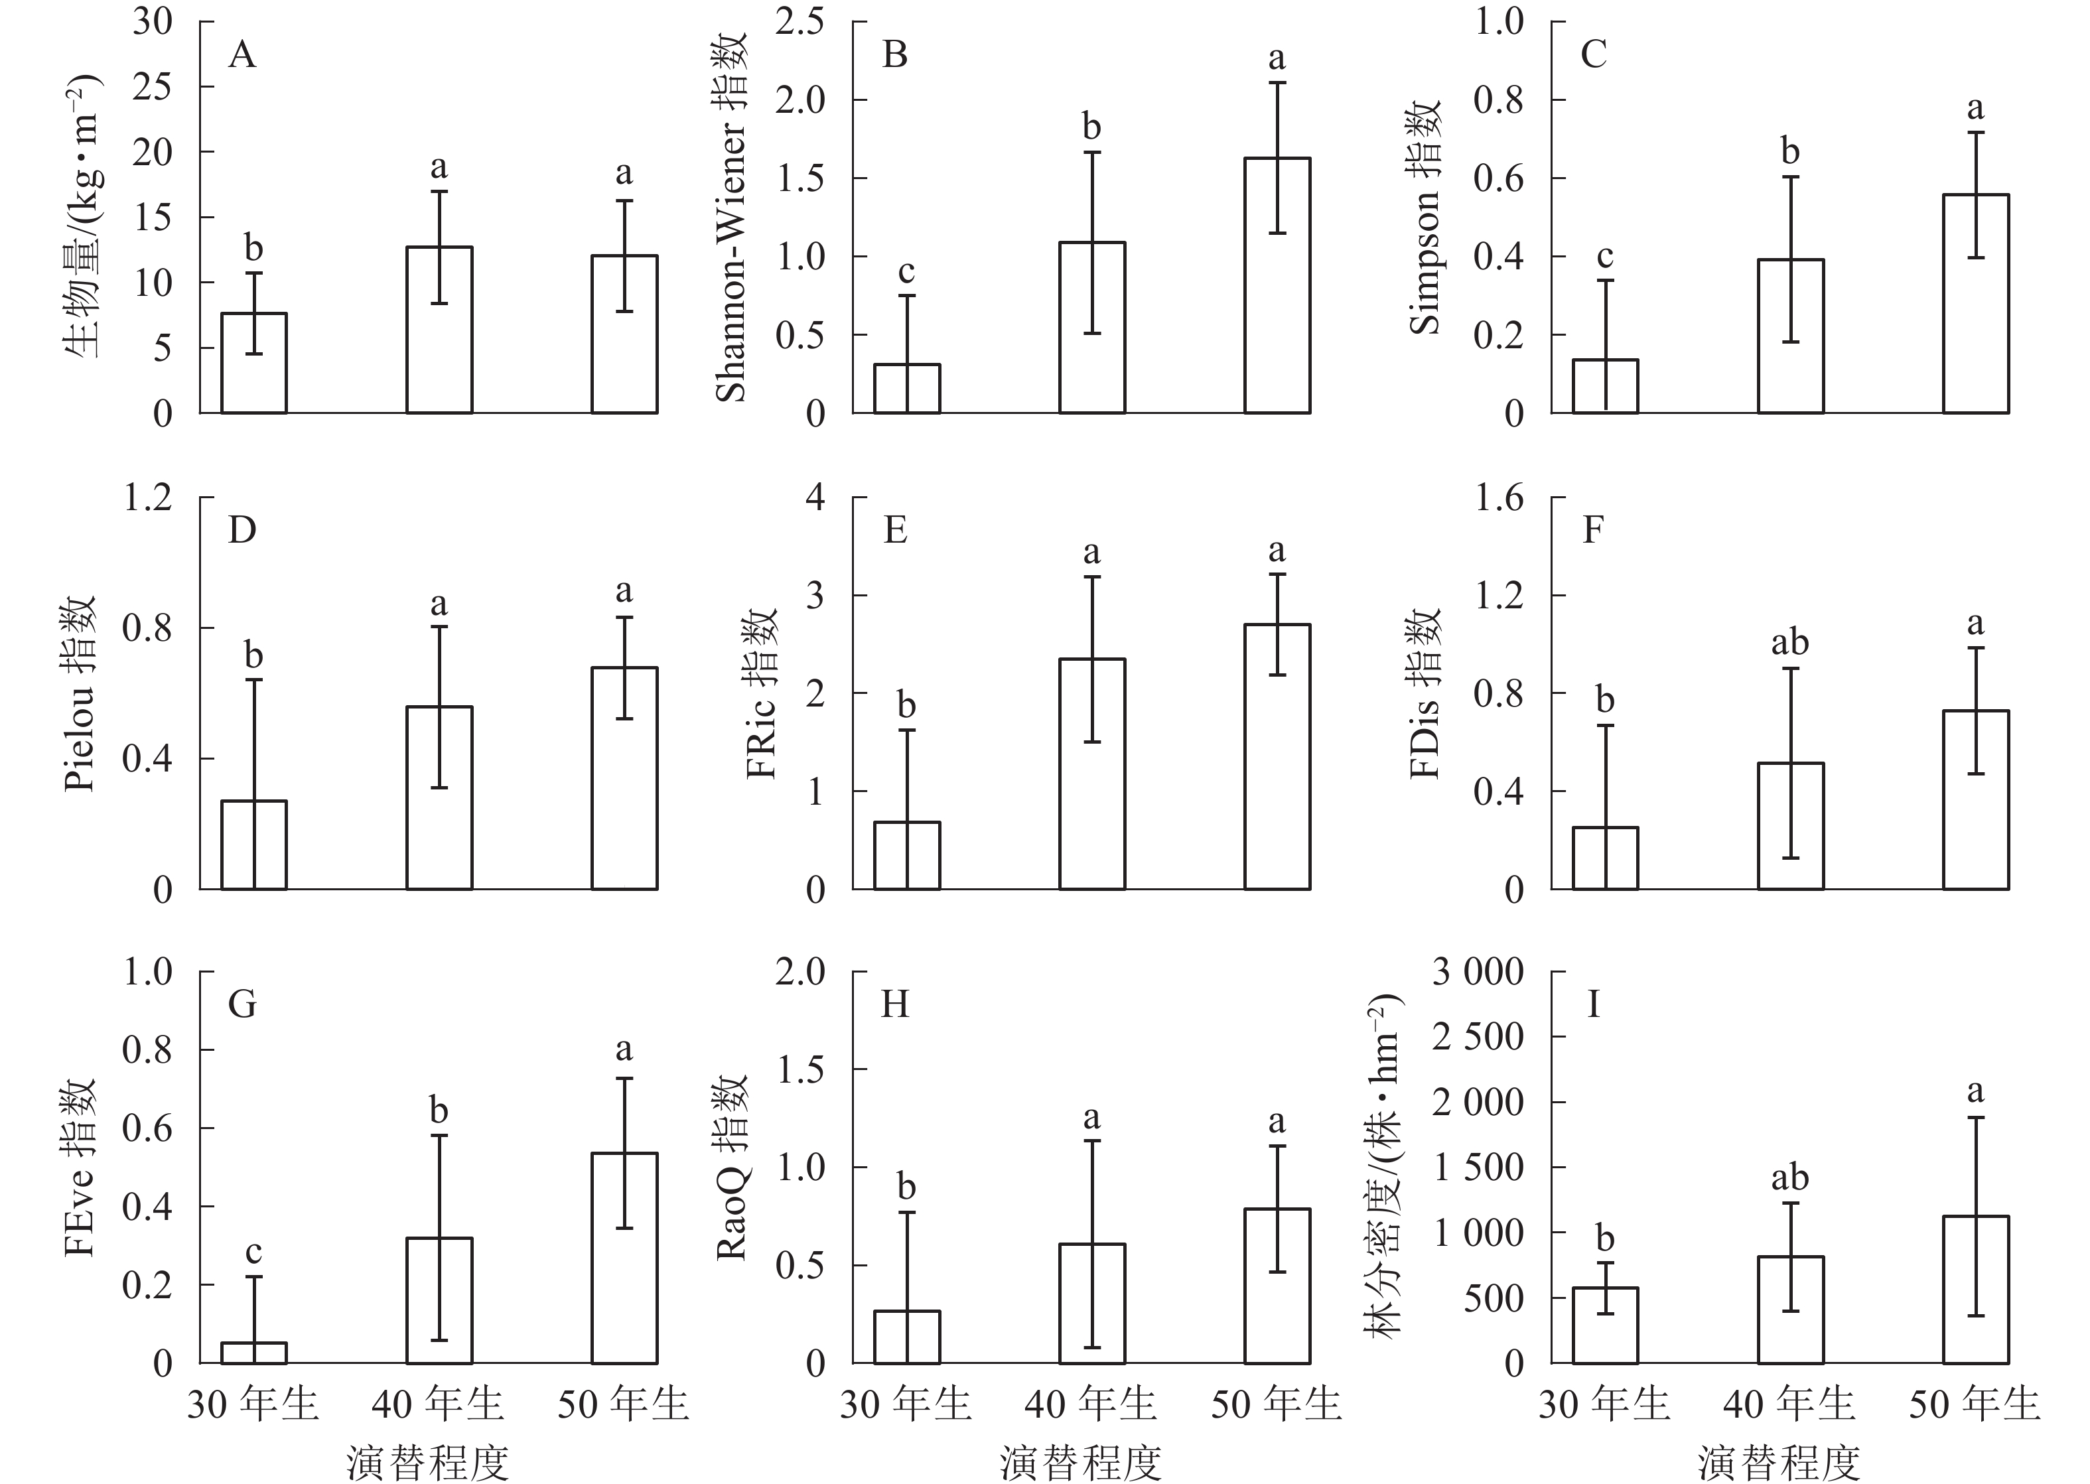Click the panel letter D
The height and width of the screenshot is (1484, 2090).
tap(242, 530)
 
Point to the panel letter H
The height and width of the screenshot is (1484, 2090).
tap(894, 1005)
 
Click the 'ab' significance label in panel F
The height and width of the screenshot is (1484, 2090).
tap(1789, 643)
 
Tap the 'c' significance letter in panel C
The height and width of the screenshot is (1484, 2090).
tap(1605, 257)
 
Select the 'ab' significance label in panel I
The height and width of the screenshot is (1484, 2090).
tap(1789, 1178)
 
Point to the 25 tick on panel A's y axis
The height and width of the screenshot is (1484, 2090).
tap(152, 87)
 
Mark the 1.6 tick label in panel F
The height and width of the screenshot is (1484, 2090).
tap(1499, 498)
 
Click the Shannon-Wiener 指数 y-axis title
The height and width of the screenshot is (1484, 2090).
tap(732, 218)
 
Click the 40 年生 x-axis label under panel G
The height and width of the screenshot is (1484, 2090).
tap(438, 1404)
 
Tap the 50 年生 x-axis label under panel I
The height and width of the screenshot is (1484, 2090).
tap(1974, 1404)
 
